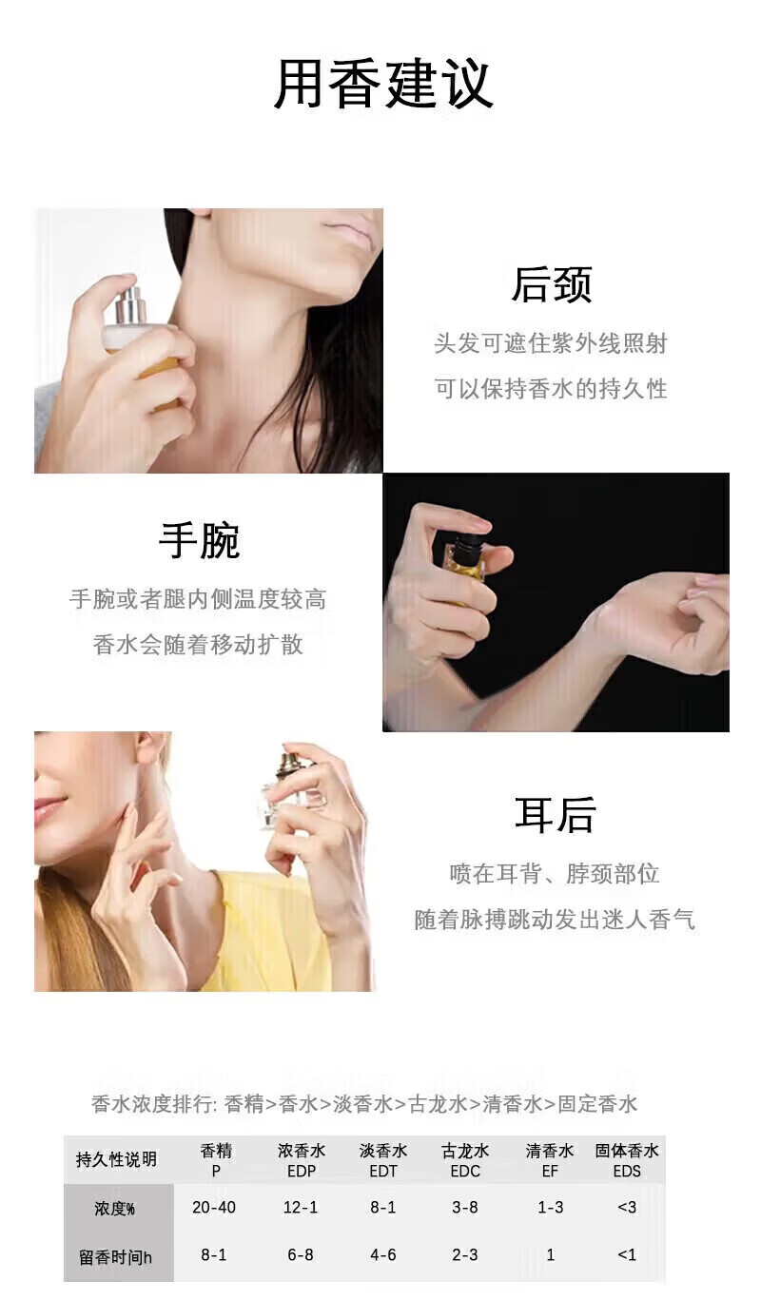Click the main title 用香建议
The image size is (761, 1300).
[x=383, y=84]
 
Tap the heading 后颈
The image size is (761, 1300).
[x=552, y=284]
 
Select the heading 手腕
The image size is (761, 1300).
[x=199, y=540]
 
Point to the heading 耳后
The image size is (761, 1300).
[x=555, y=814]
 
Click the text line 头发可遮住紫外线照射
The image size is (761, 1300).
[x=551, y=343]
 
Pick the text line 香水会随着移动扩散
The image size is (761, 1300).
[x=198, y=644]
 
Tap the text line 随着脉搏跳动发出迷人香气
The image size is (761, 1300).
[x=555, y=920]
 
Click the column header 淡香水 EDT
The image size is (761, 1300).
[x=383, y=1161]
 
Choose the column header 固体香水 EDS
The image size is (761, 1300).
[x=627, y=1161]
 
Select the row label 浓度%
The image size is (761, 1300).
[x=114, y=1209]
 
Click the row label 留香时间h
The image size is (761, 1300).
[x=115, y=1257]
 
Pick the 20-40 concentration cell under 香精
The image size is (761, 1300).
[x=214, y=1208]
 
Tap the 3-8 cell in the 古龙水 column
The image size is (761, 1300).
[x=465, y=1208]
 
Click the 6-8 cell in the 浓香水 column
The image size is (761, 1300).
[x=301, y=1254]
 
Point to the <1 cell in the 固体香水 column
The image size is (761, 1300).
[x=627, y=1254]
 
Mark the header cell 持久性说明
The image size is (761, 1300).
[x=116, y=1159]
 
